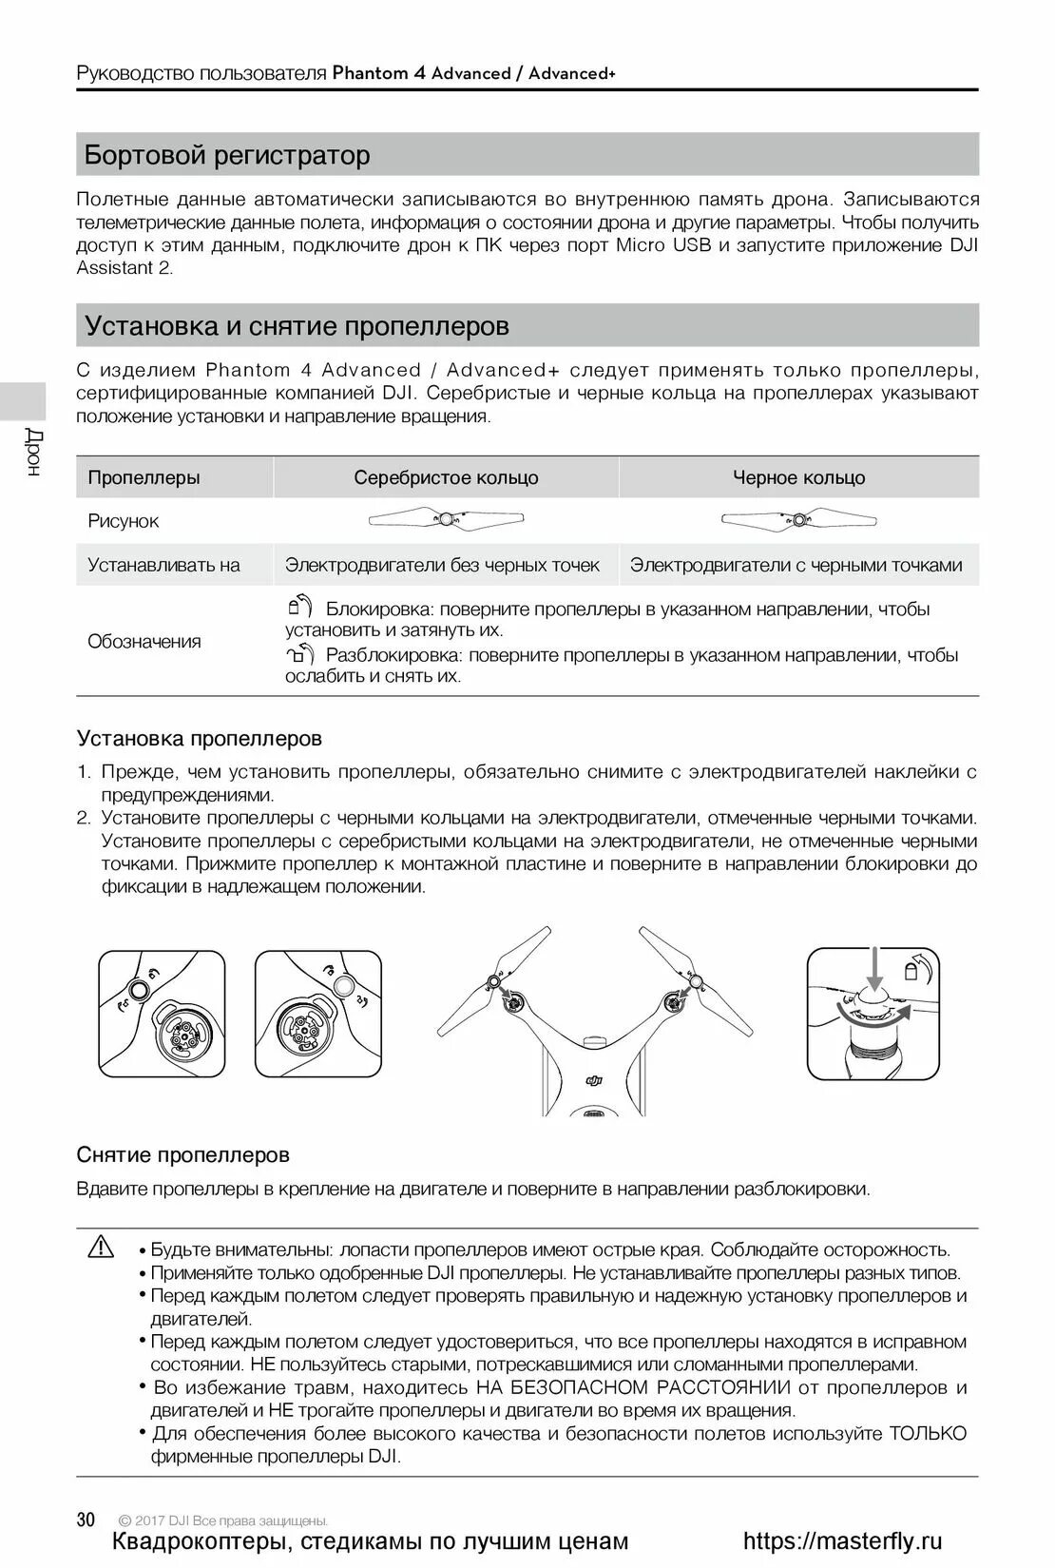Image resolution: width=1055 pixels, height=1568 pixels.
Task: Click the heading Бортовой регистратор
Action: point(227,155)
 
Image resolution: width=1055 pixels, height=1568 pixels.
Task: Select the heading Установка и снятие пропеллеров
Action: point(297,326)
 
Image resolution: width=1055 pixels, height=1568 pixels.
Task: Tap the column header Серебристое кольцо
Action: point(446,477)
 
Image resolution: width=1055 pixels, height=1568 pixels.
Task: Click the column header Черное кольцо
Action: point(798,477)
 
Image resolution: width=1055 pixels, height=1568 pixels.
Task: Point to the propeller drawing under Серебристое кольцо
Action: point(446,519)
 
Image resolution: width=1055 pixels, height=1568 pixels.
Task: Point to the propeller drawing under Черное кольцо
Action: point(798,519)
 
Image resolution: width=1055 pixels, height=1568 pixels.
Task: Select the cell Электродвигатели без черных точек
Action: point(443,565)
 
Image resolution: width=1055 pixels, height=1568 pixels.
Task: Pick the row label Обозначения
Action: point(144,641)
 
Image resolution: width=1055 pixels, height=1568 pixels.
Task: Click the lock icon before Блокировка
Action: point(299,606)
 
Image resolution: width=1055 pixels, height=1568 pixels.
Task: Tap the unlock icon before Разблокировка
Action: point(299,653)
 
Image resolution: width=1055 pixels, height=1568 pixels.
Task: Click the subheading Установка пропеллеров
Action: point(199,738)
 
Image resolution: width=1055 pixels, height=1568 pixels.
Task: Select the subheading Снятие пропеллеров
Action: point(182,1154)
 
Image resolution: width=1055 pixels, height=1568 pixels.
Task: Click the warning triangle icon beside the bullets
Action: point(100,1247)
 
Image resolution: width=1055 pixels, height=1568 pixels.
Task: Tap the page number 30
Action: point(86,1520)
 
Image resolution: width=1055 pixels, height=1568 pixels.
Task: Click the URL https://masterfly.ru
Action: point(842,1541)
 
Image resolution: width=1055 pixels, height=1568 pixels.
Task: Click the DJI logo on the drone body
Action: point(594,1078)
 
